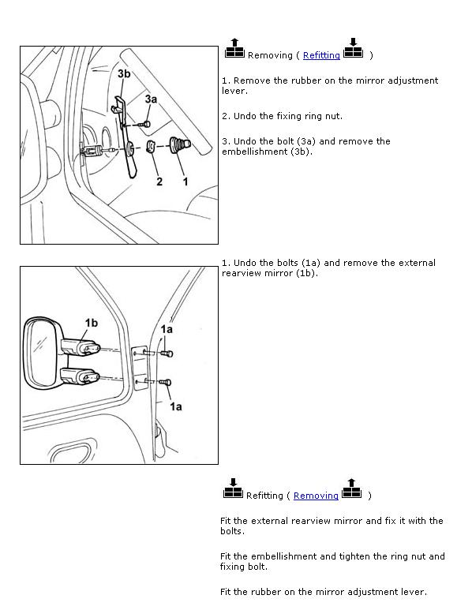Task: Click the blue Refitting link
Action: coord(321,55)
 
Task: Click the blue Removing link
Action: coord(316,496)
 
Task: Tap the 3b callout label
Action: coord(124,73)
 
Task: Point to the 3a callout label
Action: coord(151,99)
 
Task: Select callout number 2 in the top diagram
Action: coord(159,182)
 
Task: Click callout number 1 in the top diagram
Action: coord(185,182)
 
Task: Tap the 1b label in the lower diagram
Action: coord(92,323)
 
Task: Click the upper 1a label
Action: coord(167,330)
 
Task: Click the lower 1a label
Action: coord(175,406)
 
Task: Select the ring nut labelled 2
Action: coord(151,147)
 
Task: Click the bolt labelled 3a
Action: coord(145,124)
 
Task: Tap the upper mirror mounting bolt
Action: coord(167,354)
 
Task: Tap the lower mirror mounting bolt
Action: coord(165,383)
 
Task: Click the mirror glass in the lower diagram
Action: coord(39,353)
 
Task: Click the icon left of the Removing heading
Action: coord(234,48)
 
